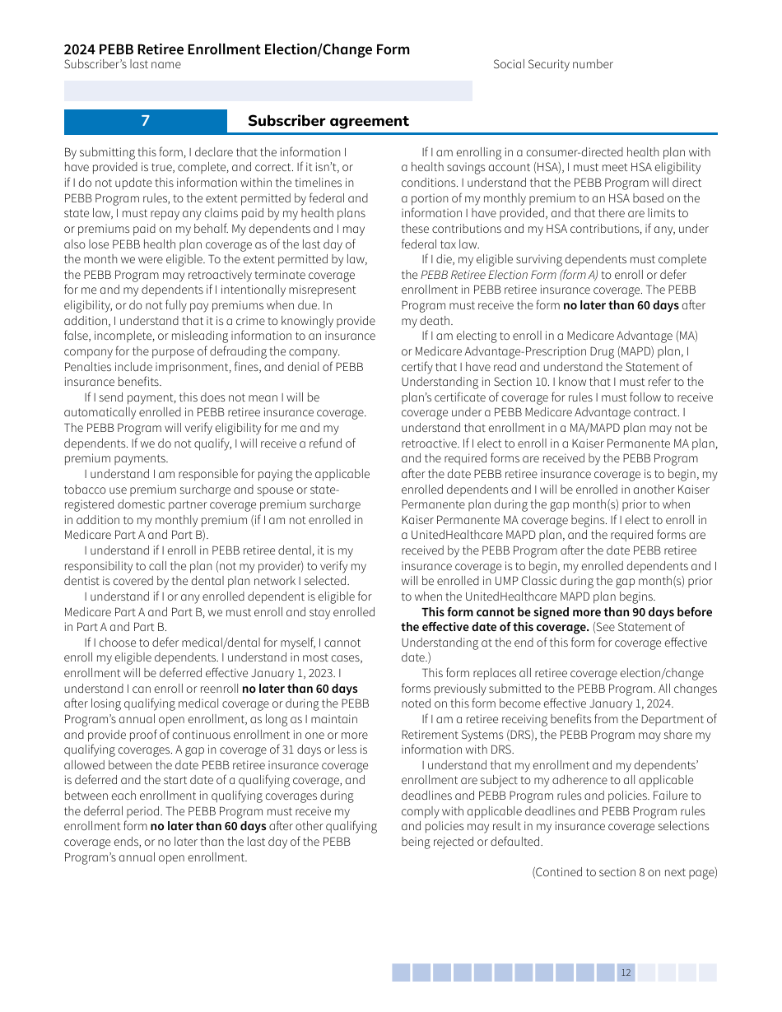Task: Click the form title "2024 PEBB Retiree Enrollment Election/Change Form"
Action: [237, 49]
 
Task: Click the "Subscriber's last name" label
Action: [123, 64]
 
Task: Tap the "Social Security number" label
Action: [552, 64]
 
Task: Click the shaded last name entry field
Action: [268, 91]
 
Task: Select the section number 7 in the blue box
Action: [145, 121]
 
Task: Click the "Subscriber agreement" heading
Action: [328, 121]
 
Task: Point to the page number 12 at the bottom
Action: [626, 973]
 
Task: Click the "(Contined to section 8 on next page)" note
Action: [624, 872]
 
